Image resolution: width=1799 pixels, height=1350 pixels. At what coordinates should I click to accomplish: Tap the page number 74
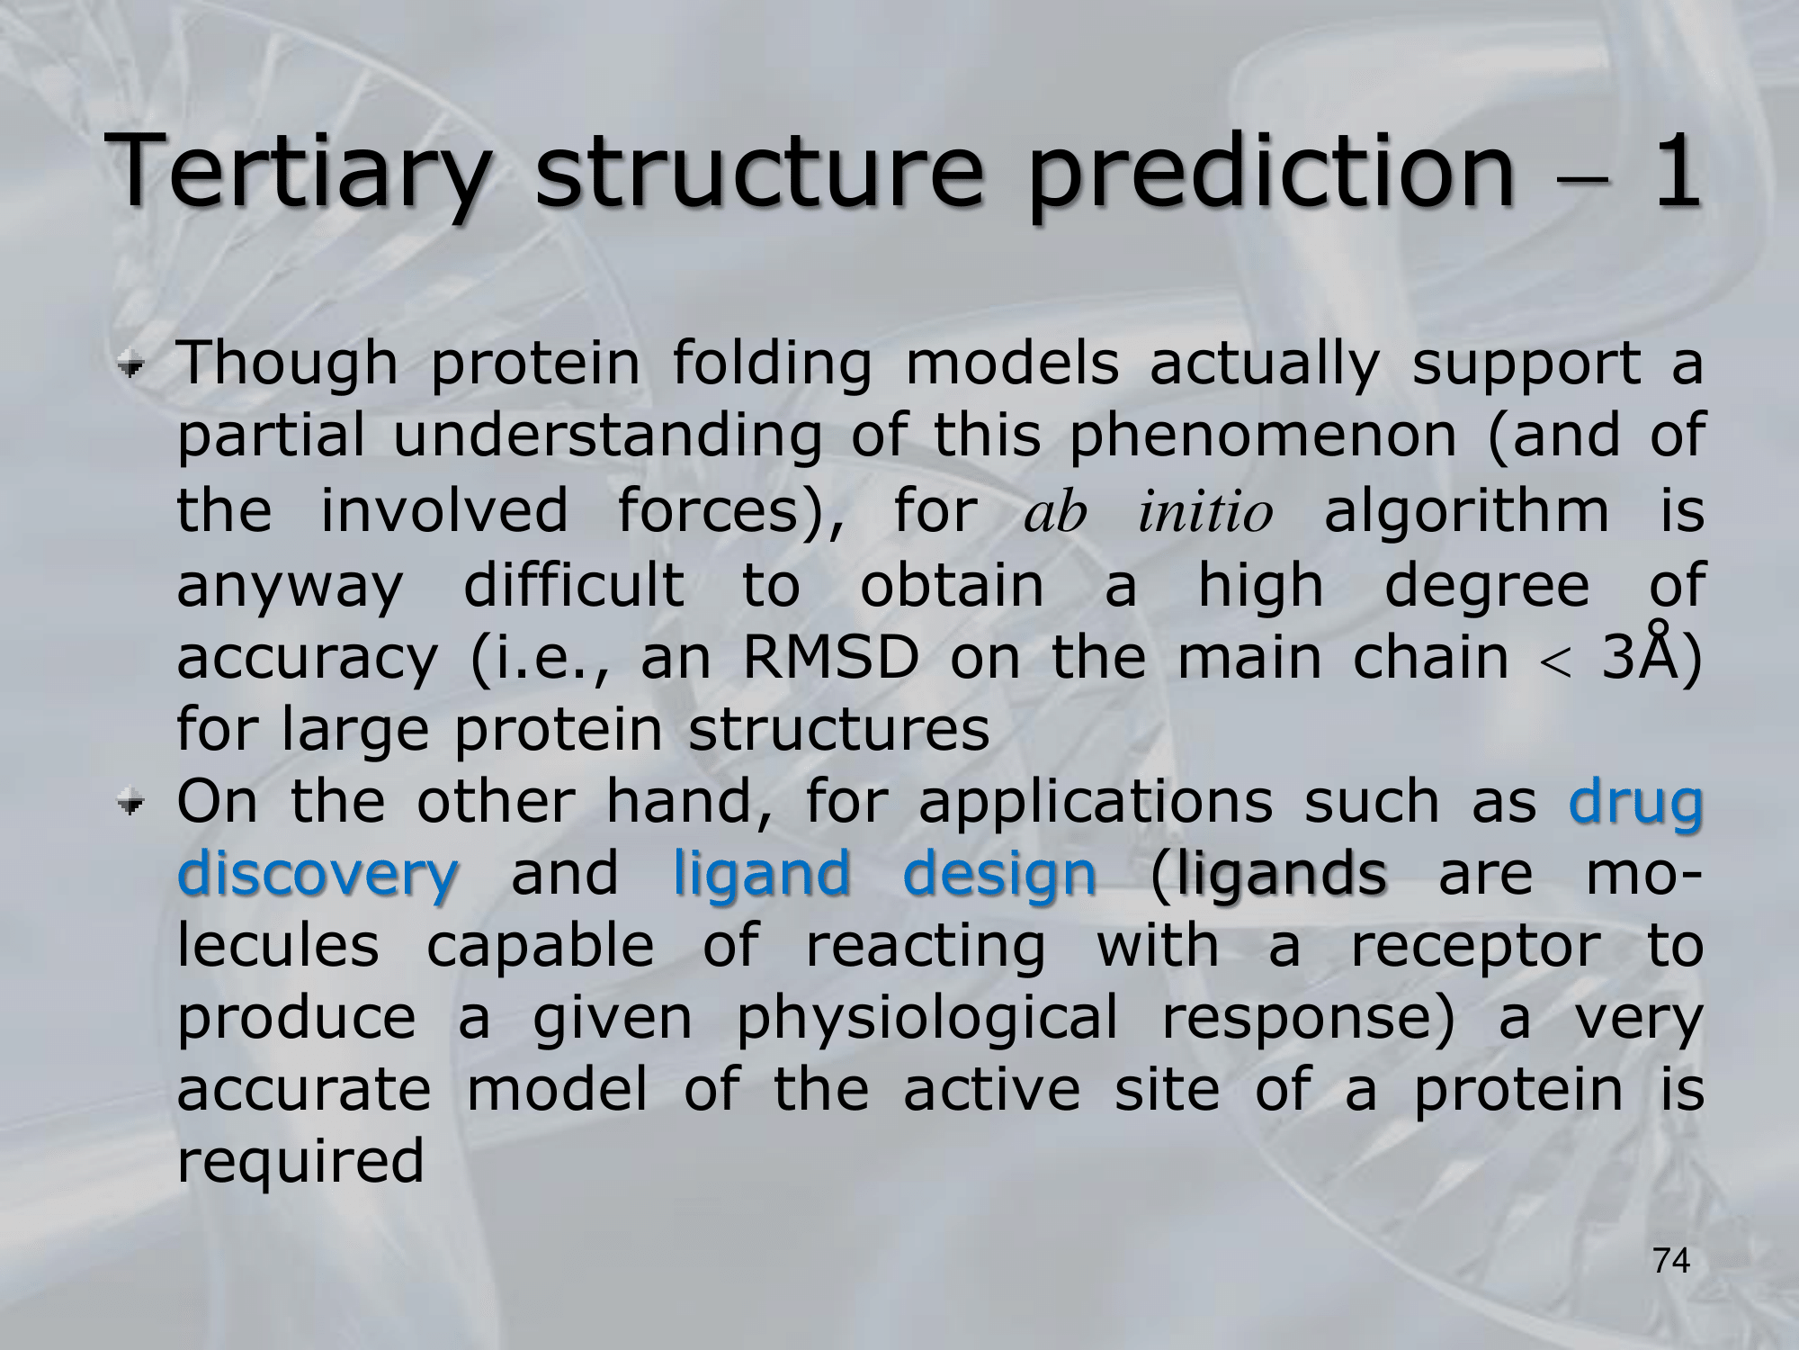pos(1671,1261)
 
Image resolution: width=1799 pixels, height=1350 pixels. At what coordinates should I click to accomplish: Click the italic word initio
pos(1205,511)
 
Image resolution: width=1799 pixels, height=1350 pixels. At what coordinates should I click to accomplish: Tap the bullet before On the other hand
pos(134,802)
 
